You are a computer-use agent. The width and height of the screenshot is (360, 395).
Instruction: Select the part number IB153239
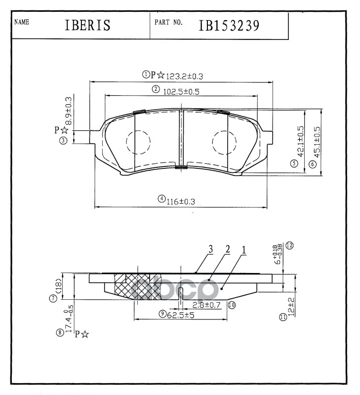pyautogui.click(x=229, y=26)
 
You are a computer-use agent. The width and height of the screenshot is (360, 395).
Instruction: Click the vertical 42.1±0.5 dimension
pyautogui.click(x=301, y=142)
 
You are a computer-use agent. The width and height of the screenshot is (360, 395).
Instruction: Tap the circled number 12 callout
pyautogui.click(x=290, y=245)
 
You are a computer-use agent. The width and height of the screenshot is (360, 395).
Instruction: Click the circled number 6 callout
pyautogui.click(x=312, y=164)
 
